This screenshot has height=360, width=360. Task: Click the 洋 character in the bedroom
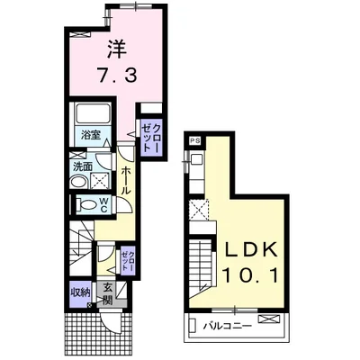pos(117,50)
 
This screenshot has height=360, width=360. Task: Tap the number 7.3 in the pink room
pos(117,75)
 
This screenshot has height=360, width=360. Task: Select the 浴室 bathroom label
pos(90,136)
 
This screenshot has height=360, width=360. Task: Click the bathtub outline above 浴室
pos(93,112)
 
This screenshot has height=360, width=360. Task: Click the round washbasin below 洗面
pos(79,182)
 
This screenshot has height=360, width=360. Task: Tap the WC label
pos(103,205)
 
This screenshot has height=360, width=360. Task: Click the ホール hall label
pos(126,181)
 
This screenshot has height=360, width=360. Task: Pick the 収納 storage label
pos(80,292)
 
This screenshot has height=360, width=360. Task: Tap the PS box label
pos(196,140)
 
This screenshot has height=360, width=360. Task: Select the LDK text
pos(251,250)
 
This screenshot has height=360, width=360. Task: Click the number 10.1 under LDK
pos(249,275)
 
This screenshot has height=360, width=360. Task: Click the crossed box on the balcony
pos(268,319)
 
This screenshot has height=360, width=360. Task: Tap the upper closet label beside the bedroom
pos(151,139)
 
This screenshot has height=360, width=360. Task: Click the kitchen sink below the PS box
pos(196,158)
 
